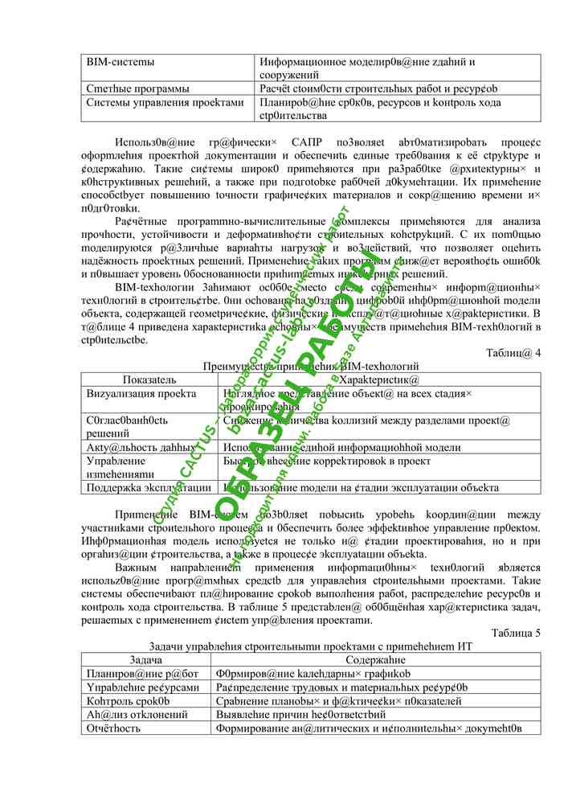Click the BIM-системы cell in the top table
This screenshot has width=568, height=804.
pos(121,61)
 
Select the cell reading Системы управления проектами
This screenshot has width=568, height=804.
pos(165,103)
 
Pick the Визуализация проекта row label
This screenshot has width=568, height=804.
pos(141,394)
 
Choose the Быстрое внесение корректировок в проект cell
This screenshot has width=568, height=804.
pos(327,461)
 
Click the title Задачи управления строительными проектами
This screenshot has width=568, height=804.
pos(310,646)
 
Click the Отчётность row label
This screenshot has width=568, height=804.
pos(113,728)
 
